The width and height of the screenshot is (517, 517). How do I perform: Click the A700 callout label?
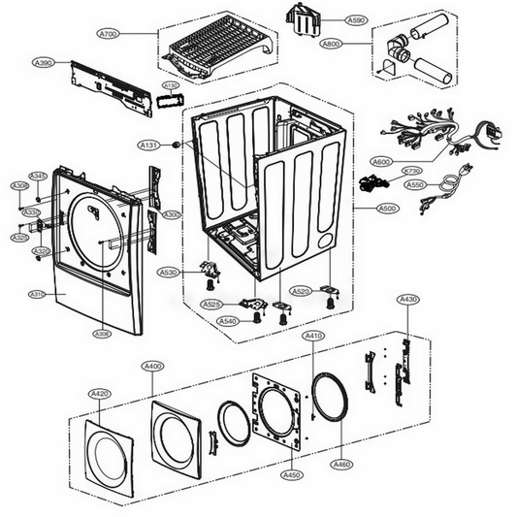[x=108, y=33]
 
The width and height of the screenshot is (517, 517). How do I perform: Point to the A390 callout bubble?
[x=44, y=63]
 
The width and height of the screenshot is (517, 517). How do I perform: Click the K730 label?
[x=411, y=171]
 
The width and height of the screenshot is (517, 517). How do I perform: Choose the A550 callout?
[x=414, y=183]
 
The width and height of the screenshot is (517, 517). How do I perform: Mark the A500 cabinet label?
[x=388, y=209]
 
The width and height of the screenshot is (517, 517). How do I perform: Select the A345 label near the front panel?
[x=38, y=176]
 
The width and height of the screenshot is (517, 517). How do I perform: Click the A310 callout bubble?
[x=38, y=294]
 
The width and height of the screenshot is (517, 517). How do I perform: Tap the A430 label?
[x=407, y=300]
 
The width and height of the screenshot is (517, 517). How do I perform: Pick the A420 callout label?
[x=99, y=394]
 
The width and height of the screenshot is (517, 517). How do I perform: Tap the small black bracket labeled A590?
[x=303, y=16]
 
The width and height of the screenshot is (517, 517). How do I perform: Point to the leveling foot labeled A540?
[x=257, y=316]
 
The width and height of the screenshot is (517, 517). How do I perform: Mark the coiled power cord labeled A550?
[x=454, y=180]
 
